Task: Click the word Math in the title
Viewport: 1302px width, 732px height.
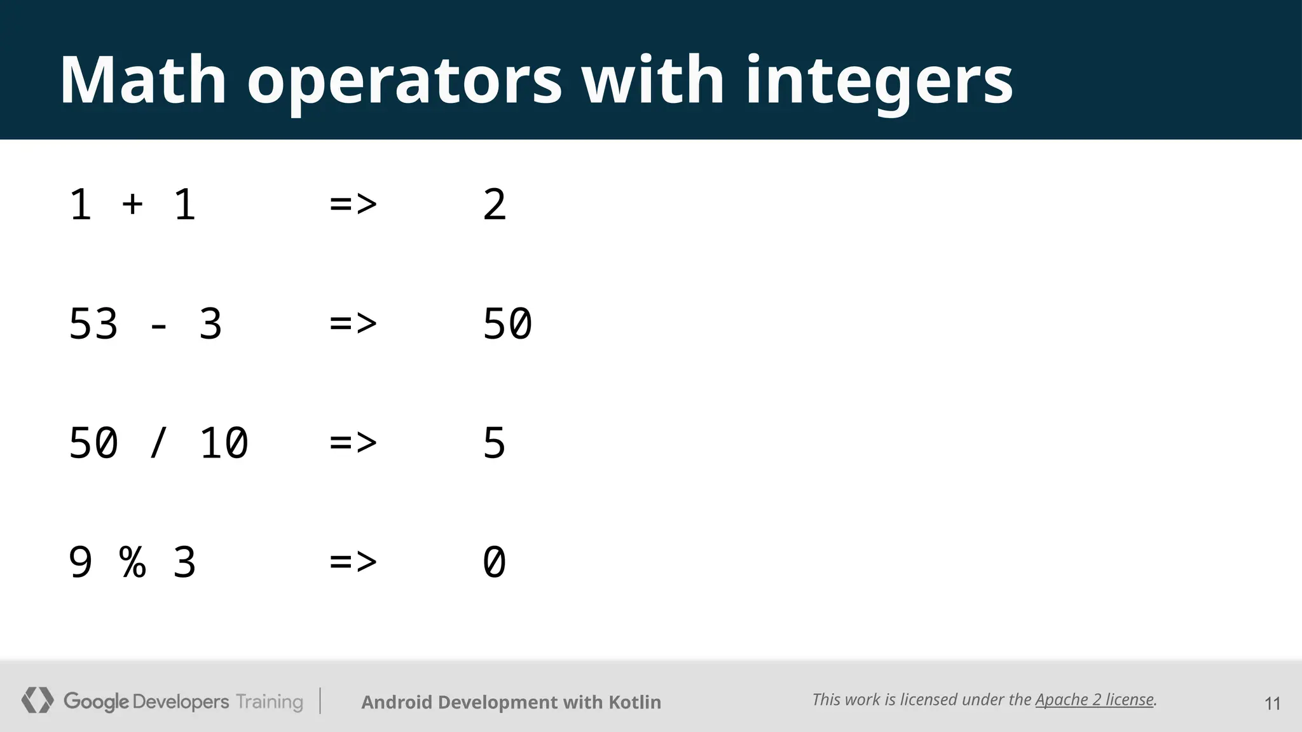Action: point(143,80)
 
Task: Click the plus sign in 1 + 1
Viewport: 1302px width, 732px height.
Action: point(132,204)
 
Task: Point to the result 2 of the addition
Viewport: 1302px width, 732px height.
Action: point(495,205)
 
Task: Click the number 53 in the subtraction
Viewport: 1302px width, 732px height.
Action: point(93,324)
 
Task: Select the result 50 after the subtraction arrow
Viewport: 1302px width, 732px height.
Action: point(507,324)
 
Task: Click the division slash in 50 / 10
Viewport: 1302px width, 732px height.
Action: point(158,443)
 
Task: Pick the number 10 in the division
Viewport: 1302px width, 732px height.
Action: point(223,443)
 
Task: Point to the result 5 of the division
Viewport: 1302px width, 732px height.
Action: point(495,443)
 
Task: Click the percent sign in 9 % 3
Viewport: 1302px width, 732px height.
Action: point(132,562)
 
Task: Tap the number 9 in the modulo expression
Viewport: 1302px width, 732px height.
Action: point(81,562)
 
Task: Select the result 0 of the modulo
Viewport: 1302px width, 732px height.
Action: point(495,562)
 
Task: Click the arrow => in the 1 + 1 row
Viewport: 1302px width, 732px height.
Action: point(353,205)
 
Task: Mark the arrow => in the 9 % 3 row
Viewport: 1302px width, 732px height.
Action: point(353,562)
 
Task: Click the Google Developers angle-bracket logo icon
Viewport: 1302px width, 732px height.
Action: point(37,700)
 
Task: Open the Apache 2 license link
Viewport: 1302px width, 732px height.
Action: point(1094,700)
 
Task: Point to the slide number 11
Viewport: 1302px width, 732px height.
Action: point(1272,703)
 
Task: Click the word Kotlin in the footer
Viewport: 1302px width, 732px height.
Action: point(634,702)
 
